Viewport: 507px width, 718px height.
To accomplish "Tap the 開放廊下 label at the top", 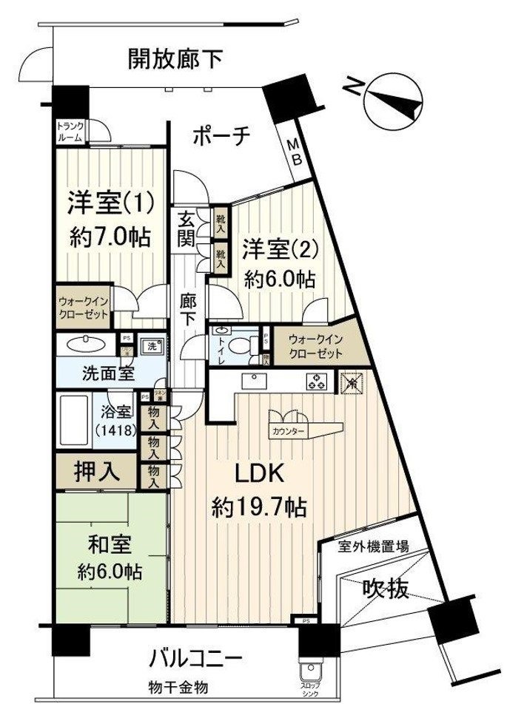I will pos(174,58).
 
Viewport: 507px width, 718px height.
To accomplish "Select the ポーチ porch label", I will pos(223,136).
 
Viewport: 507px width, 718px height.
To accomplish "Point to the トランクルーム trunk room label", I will pos(71,131).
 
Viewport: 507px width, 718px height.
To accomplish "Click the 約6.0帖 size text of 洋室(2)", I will pos(281,279).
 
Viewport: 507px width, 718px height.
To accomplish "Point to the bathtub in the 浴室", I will pos(73,422).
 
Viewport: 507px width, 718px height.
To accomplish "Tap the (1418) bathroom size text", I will pos(113,429).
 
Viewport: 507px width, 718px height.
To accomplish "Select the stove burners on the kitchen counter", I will pos(318,382).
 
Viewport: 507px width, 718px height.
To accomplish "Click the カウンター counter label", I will pos(287,430).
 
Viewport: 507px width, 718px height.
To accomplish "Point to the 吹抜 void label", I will pos(385,589).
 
